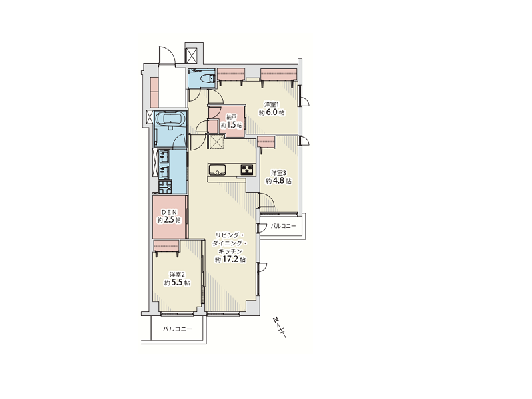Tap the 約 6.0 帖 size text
pos(272,112)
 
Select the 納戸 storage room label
pos(231,117)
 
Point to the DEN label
pos(169,212)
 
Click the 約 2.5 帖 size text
pos(169,220)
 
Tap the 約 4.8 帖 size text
pos(278,181)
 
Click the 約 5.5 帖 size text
pos(177,283)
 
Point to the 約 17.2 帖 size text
pos(230,259)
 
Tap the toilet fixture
pos(206,78)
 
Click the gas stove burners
pos(248,169)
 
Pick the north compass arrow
pos(280,327)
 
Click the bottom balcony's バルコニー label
pos(178,329)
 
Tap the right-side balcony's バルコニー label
pos(283,226)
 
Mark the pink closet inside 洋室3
pos(266,142)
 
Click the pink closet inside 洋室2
pos(166,246)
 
